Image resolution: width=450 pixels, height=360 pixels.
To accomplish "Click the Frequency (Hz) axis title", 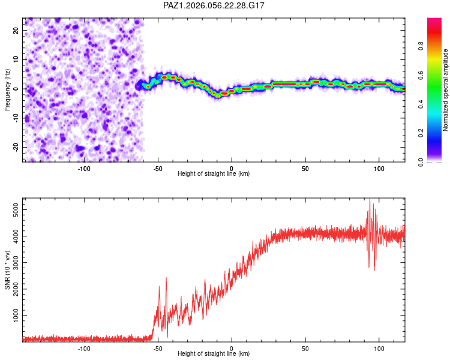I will pos(7,89).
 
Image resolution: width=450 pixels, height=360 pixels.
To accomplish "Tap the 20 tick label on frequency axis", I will pos(16,30).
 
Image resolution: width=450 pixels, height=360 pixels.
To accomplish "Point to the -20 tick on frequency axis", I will pos(16,147).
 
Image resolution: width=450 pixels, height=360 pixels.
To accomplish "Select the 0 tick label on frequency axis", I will pos(16,89).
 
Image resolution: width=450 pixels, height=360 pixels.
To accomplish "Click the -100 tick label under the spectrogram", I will pos(84,169).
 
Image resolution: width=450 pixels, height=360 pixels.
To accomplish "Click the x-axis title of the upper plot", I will pos(214,174).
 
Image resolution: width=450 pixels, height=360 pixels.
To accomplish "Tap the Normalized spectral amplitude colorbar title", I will pos(446,90).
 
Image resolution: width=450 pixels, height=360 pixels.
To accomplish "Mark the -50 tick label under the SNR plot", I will pos(158,349).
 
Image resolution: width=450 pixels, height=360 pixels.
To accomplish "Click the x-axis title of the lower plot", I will pos(214,354).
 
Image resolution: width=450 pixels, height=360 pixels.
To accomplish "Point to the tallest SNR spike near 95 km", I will pos(370,199).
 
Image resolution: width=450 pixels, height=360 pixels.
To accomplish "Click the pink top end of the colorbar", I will pos(434,21).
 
